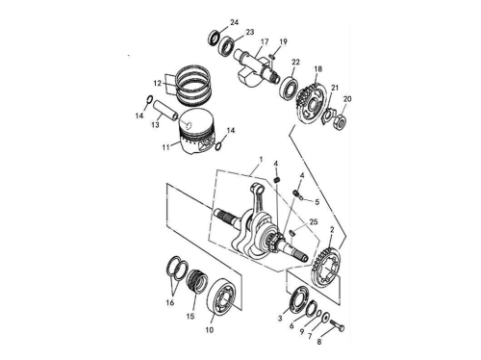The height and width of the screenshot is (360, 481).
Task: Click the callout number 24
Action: pos(235,22)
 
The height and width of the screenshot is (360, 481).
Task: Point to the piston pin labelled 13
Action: pos(165,111)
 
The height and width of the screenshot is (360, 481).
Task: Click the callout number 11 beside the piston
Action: pos(165,147)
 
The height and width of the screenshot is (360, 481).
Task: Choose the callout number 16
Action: pos(170,302)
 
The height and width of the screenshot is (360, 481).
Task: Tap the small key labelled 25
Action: pos(292,233)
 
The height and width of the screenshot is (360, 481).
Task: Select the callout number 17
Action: pos(265,41)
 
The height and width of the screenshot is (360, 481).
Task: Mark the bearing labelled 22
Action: pos(289,86)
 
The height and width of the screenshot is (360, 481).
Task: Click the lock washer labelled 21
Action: pos(327,116)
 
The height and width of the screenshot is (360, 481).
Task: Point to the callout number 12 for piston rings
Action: pos(157,83)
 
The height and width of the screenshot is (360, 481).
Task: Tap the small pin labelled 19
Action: pos(273,57)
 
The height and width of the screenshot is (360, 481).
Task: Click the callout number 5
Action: pos(317,202)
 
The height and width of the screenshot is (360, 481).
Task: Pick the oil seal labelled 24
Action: pos(215,37)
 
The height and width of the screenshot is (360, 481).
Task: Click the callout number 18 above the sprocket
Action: pos(317,69)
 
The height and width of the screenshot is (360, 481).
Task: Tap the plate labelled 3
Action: pos(298,299)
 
